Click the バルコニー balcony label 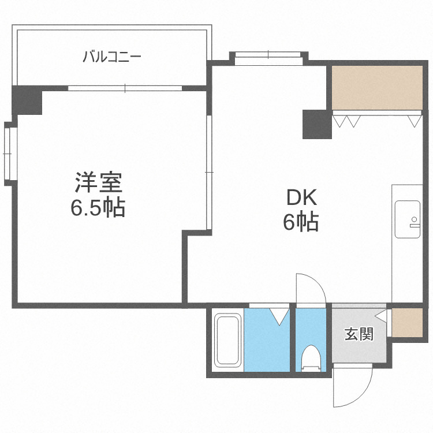(112, 57)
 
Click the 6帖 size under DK (301, 222)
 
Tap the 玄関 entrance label (359, 334)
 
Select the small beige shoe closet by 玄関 (407, 322)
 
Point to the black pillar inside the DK (317, 124)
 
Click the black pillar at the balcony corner (27, 100)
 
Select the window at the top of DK (268, 55)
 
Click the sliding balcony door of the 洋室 (125, 88)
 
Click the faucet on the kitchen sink (414, 222)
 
